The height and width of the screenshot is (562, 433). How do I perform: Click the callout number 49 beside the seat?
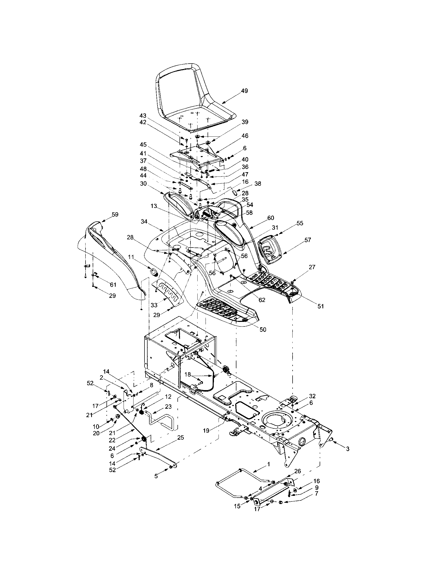tap(244, 91)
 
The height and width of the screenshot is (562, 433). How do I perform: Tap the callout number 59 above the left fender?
tap(115, 214)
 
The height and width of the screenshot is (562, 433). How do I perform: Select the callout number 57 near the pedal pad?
tap(308, 240)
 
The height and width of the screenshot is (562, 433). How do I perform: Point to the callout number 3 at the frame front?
tap(347, 449)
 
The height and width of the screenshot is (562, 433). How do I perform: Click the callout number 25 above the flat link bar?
tap(181, 438)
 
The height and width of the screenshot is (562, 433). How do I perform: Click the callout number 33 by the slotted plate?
tap(154, 305)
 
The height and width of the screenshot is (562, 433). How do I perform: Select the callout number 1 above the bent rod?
tap(269, 464)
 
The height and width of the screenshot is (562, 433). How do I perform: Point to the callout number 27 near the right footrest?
tap(312, 267)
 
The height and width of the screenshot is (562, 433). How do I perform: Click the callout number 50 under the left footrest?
tap(263, 329)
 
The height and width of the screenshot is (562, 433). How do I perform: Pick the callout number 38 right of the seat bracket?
tap(258, 183)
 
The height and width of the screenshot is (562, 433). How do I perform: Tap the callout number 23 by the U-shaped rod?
tap(168, 407)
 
